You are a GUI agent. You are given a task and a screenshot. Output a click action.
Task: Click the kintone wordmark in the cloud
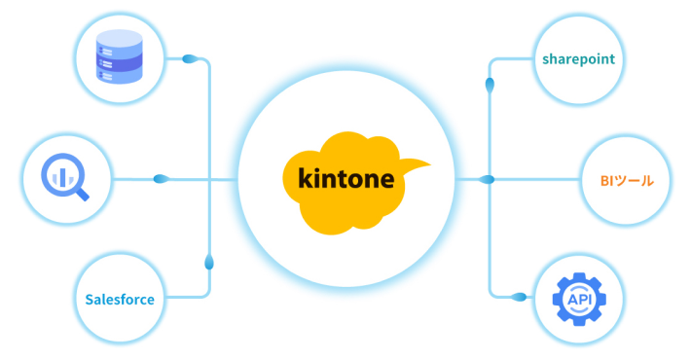(x=340, y=180)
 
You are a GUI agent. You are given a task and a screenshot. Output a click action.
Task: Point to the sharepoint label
(x=577, y=59)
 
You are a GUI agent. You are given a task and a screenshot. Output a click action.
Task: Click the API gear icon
(x=578, y=300)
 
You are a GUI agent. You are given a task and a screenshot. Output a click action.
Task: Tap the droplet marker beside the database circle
(x=191, y=59)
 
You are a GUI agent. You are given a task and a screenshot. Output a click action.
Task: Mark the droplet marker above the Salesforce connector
(x=209, y=262)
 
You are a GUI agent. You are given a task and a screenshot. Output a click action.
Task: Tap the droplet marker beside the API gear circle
(x=519, y=296)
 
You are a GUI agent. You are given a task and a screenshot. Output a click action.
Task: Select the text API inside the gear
(x=578, y=301)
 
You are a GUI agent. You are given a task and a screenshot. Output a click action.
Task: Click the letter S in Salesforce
(x=88, y=299)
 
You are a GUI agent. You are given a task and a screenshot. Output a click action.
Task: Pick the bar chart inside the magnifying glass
(x=59, y=175)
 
